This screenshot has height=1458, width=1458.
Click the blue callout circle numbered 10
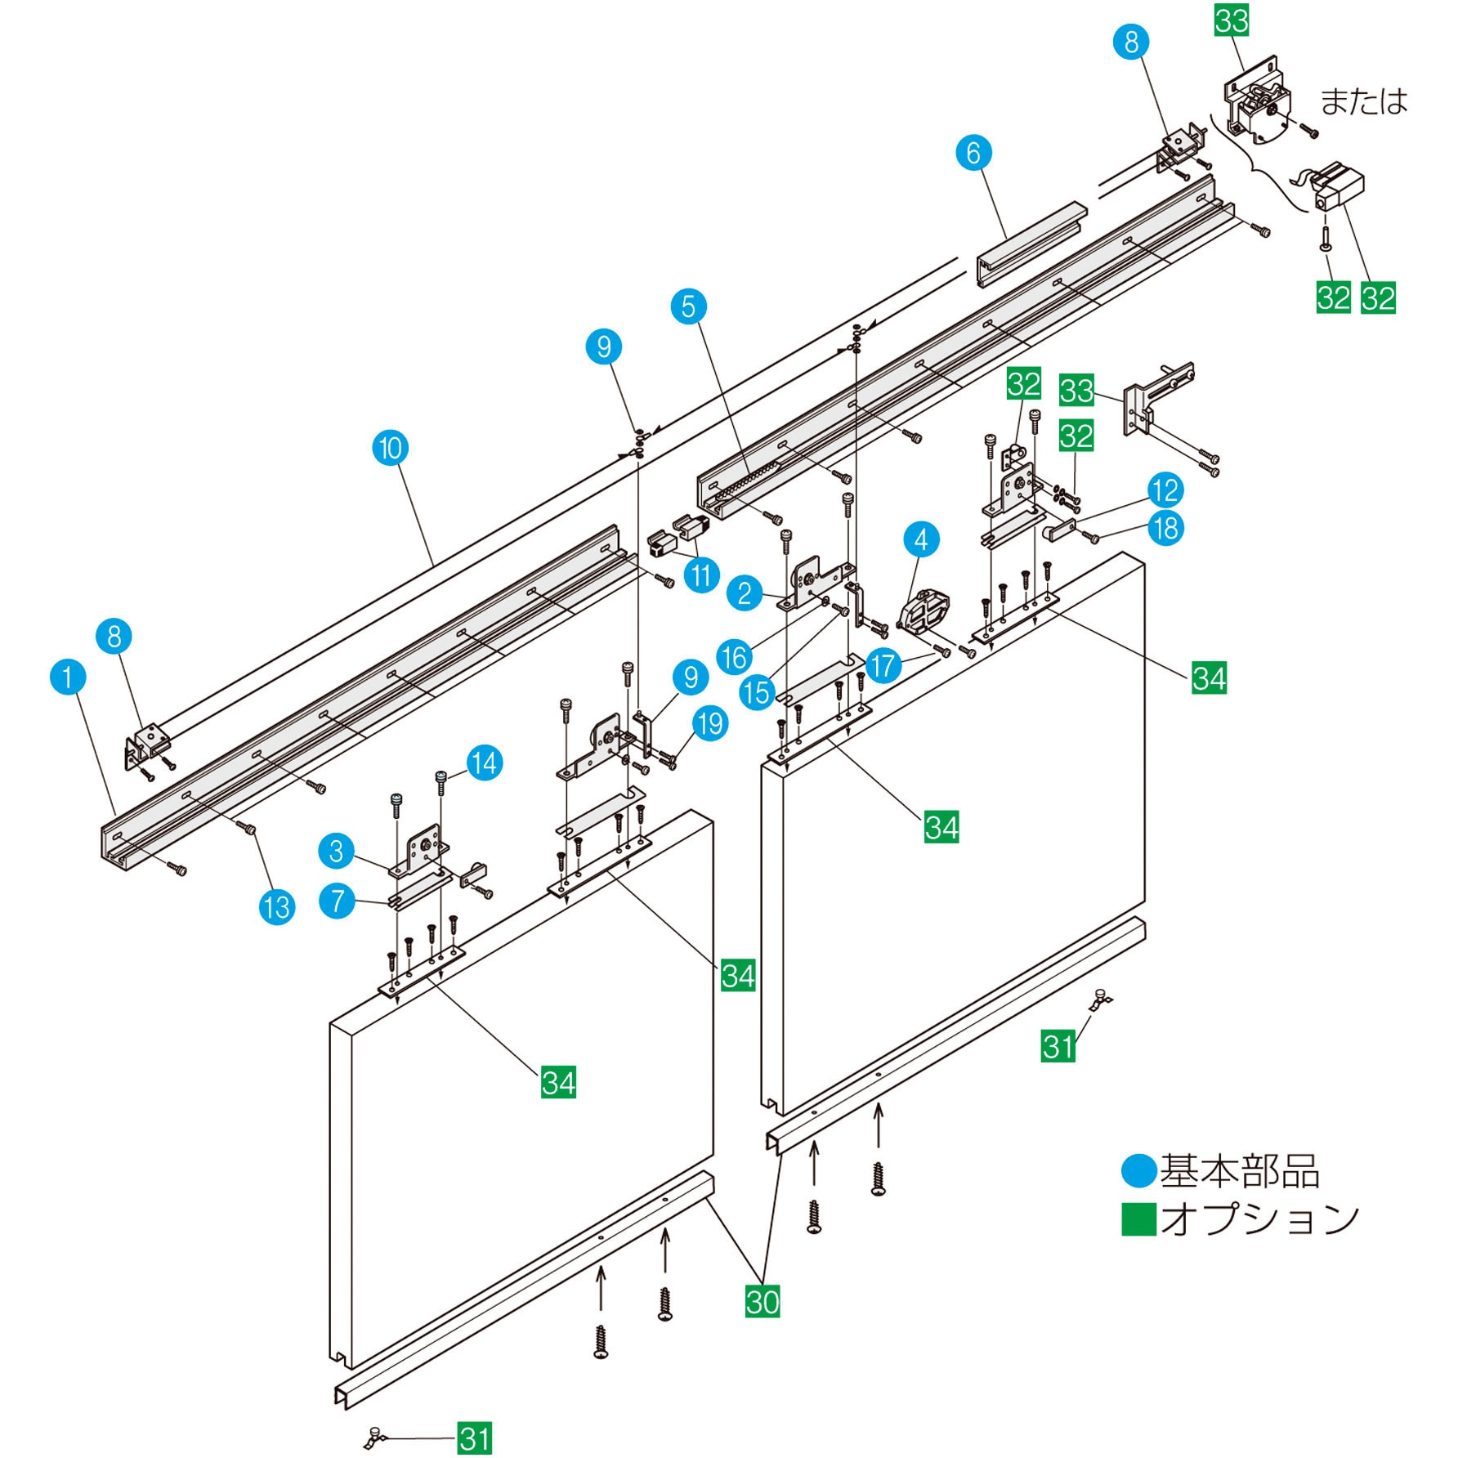391,448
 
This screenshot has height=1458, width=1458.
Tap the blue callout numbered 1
68,677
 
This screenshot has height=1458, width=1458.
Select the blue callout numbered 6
973,153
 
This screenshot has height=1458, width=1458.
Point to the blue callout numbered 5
689,306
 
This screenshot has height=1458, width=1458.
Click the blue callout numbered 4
921,539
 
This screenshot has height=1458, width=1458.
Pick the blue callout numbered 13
277,906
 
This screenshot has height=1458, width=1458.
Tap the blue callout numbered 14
485,763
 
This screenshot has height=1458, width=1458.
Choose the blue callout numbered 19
710,723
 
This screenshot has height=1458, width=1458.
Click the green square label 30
763,1301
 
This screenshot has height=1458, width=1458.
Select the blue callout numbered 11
701,575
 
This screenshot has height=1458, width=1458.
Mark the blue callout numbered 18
1165,528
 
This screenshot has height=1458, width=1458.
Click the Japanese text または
1364,101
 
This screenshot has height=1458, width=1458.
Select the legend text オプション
1259,1219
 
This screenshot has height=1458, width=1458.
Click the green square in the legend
1138,1219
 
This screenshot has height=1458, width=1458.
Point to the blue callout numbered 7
337,901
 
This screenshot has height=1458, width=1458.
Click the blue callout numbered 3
337,851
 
